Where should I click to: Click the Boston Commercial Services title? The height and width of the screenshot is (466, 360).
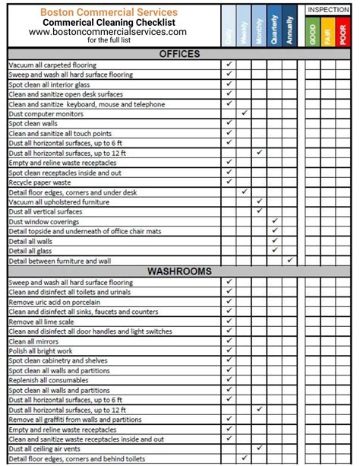tap(109, 12)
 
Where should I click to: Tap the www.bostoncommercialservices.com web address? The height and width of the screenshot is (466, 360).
tap(109, 32)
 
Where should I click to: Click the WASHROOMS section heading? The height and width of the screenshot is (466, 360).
tap(180, 271)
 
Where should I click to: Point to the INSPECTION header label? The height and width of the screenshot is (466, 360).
tap(328, 9)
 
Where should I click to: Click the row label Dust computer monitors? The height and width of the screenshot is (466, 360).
tap(46, 114)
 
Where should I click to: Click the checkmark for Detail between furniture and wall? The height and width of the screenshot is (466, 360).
tap(290, 261)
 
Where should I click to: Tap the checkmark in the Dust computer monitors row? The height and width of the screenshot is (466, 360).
tap(244, 114)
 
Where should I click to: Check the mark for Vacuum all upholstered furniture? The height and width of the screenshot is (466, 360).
tap(260, 202)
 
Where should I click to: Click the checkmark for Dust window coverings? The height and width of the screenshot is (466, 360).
tap(275, 222)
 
